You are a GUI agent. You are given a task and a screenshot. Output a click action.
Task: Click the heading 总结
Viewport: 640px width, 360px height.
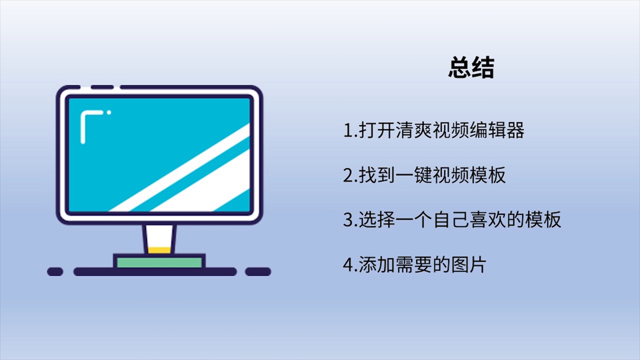(471, 67)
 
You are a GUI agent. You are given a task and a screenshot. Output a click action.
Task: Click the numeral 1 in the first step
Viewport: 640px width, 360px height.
(348, 130)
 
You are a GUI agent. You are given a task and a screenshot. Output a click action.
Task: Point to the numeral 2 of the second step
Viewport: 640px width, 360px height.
(348, 175)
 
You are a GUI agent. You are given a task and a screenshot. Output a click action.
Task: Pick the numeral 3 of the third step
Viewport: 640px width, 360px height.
(348, 220)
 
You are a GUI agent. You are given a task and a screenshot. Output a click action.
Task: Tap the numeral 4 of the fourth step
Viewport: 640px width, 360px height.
(348, 265)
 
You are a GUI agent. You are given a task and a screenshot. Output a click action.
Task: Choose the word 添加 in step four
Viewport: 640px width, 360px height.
(376, 264)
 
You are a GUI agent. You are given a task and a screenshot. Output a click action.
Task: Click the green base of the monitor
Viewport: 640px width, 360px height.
(159, 262)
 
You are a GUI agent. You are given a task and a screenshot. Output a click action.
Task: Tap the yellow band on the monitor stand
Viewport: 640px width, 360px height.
(159, 250)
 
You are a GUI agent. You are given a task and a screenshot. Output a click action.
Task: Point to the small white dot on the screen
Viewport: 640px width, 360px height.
(109, 112)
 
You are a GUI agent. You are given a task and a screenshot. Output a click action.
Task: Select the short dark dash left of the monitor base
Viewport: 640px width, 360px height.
(55, 271)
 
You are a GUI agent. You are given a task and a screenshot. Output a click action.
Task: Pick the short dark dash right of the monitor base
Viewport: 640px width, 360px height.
(258, 271)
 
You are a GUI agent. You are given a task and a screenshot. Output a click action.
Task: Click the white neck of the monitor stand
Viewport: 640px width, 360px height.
(159, 236)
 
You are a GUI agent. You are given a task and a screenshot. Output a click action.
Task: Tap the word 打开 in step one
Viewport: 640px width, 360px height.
(376, 130)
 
